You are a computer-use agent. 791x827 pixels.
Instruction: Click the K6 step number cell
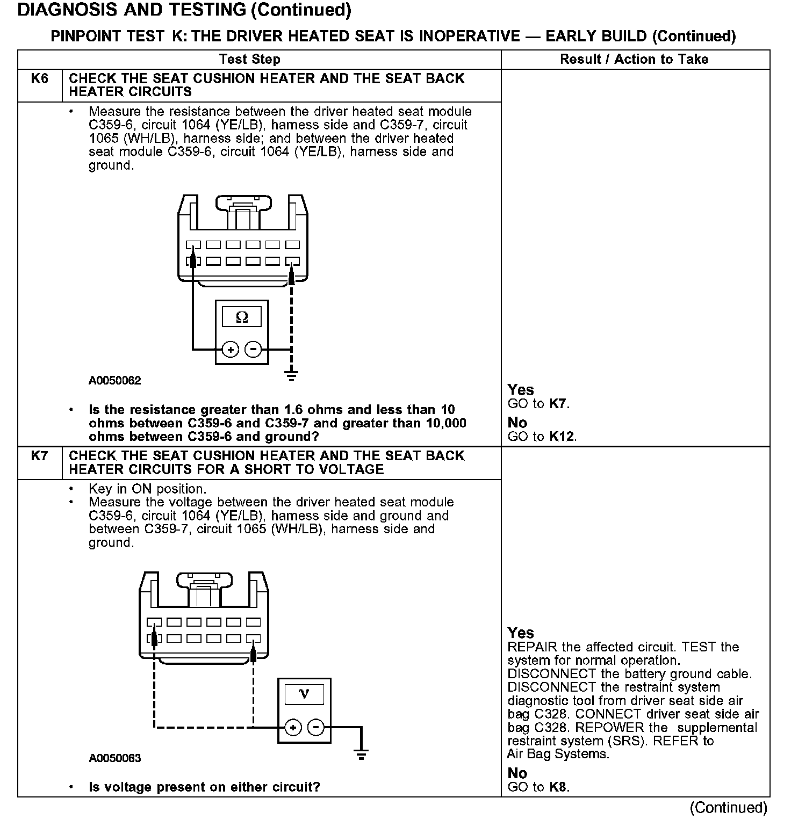pos(40,79)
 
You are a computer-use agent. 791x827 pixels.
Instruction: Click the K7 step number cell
pos(40,456)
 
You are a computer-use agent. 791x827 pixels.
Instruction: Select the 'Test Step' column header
pos(250,59)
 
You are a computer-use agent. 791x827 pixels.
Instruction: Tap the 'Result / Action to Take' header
pos(634,59)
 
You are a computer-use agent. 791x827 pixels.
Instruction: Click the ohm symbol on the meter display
pos(242,317)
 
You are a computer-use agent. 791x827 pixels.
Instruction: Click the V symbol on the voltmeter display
pos(304,694)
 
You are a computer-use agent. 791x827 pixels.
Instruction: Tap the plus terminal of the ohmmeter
pos(231,350)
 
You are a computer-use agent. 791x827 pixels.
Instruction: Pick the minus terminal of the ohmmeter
pos(253,350)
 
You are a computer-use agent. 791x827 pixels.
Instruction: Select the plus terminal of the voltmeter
pos(293,728)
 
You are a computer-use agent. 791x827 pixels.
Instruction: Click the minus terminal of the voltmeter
pos(316,728)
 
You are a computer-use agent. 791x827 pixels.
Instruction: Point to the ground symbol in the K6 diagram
pos(291,374)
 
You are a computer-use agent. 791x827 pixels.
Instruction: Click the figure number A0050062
pos(115,381)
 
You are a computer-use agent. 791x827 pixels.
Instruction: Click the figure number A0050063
pos(115,758)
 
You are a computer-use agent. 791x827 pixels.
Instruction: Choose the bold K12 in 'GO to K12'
pos(562,436)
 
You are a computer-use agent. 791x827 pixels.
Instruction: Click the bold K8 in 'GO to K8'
pos(558,787)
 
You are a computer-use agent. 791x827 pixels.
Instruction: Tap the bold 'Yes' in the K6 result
pos(521,389)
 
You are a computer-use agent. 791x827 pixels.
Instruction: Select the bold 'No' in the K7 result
pos(517,773)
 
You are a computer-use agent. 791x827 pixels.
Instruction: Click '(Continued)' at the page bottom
pos(729,808)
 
